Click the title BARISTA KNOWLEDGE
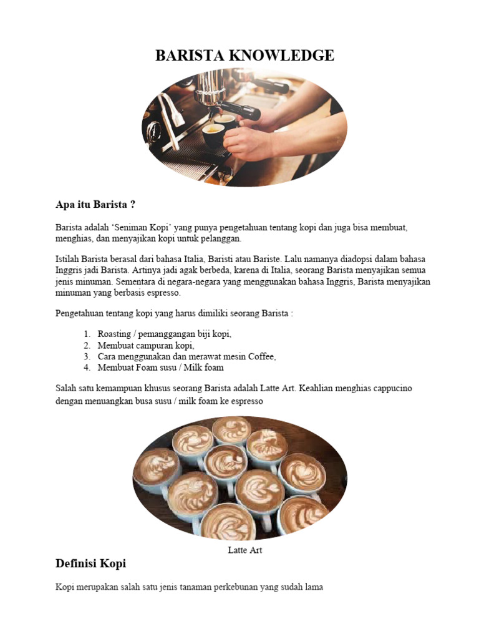point(244,56)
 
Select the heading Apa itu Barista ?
point(95,205)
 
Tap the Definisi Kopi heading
point(90,563)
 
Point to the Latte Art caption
point(244,550)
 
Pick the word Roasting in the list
point(114,334)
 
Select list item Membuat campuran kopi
point(146,345)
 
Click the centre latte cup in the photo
point(225,463)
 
